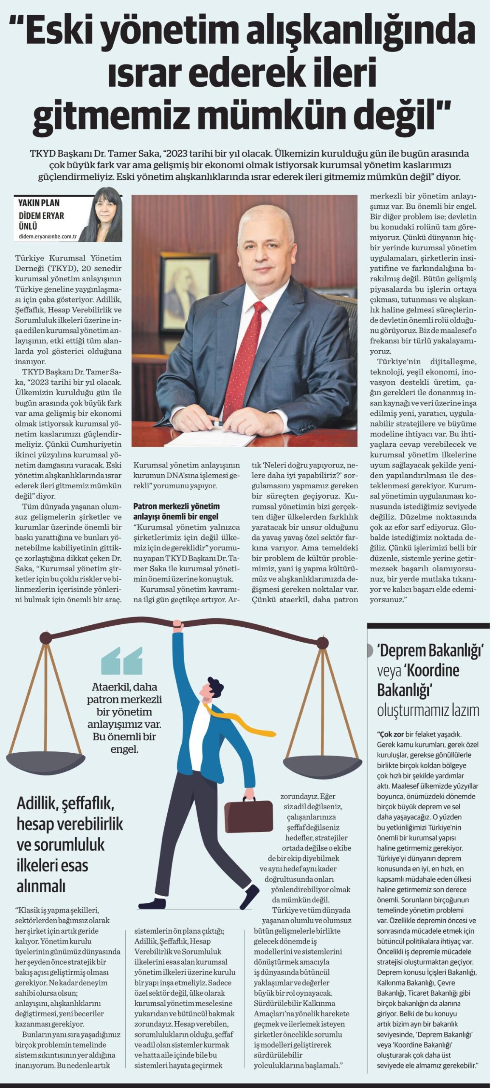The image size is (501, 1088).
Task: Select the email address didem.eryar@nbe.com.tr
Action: tap(48, 237)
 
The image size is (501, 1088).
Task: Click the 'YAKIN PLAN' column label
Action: tap(39, 203)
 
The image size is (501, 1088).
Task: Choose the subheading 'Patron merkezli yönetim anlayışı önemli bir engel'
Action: tap(177, 511)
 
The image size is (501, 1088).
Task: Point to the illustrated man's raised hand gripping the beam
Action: tap(178, 626)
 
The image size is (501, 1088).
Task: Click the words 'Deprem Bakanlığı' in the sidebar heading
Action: tap(430, 650)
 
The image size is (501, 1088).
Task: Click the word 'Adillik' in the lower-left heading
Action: tap(37, 803)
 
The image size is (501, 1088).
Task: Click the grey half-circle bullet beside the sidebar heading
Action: tap(370, 650)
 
